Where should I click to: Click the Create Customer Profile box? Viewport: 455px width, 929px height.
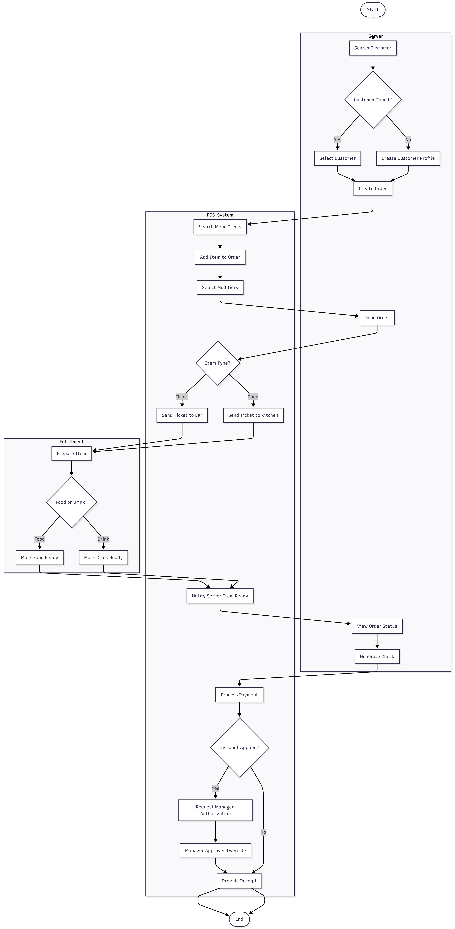coord(408,158)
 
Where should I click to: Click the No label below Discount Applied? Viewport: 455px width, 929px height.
coord(263,832)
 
